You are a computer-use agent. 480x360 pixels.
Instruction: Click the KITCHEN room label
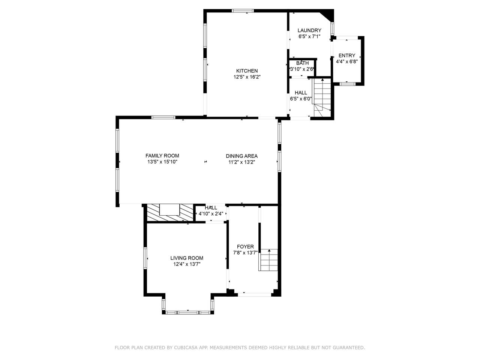(x=247, y=71)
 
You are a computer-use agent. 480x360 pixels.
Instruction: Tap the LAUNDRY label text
(x=309, y=30)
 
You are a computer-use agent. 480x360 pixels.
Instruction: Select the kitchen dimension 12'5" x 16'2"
(x=247, y=77)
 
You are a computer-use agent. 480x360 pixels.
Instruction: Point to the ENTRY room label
(x=347, y=55)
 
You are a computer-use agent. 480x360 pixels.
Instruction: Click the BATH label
(x=302, y=63)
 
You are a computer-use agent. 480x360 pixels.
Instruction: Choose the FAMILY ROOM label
(x=162, y=156)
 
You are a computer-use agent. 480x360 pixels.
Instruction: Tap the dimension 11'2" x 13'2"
(x=241, y=162)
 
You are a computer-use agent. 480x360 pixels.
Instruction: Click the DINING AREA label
(x=241, y=156)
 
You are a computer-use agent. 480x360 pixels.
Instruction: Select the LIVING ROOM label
(x=187, y=258)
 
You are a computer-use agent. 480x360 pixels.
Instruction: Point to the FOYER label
(x=245, y=246)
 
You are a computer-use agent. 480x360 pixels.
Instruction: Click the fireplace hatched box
(x=170, y=213)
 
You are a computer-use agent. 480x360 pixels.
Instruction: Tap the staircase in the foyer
(x=268, y=260)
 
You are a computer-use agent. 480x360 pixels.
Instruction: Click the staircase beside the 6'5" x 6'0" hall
(x=322, y=97)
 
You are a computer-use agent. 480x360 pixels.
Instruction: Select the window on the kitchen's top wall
(x=243, y=11)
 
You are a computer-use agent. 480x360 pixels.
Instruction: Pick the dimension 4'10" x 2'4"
(x=211, y=213)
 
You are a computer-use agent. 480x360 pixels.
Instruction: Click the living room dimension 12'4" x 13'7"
(x=187, y=264)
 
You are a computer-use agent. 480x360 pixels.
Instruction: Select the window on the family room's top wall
(x=163, y=117)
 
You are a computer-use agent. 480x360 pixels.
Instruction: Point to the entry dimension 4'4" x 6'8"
(x=347, y=61)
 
